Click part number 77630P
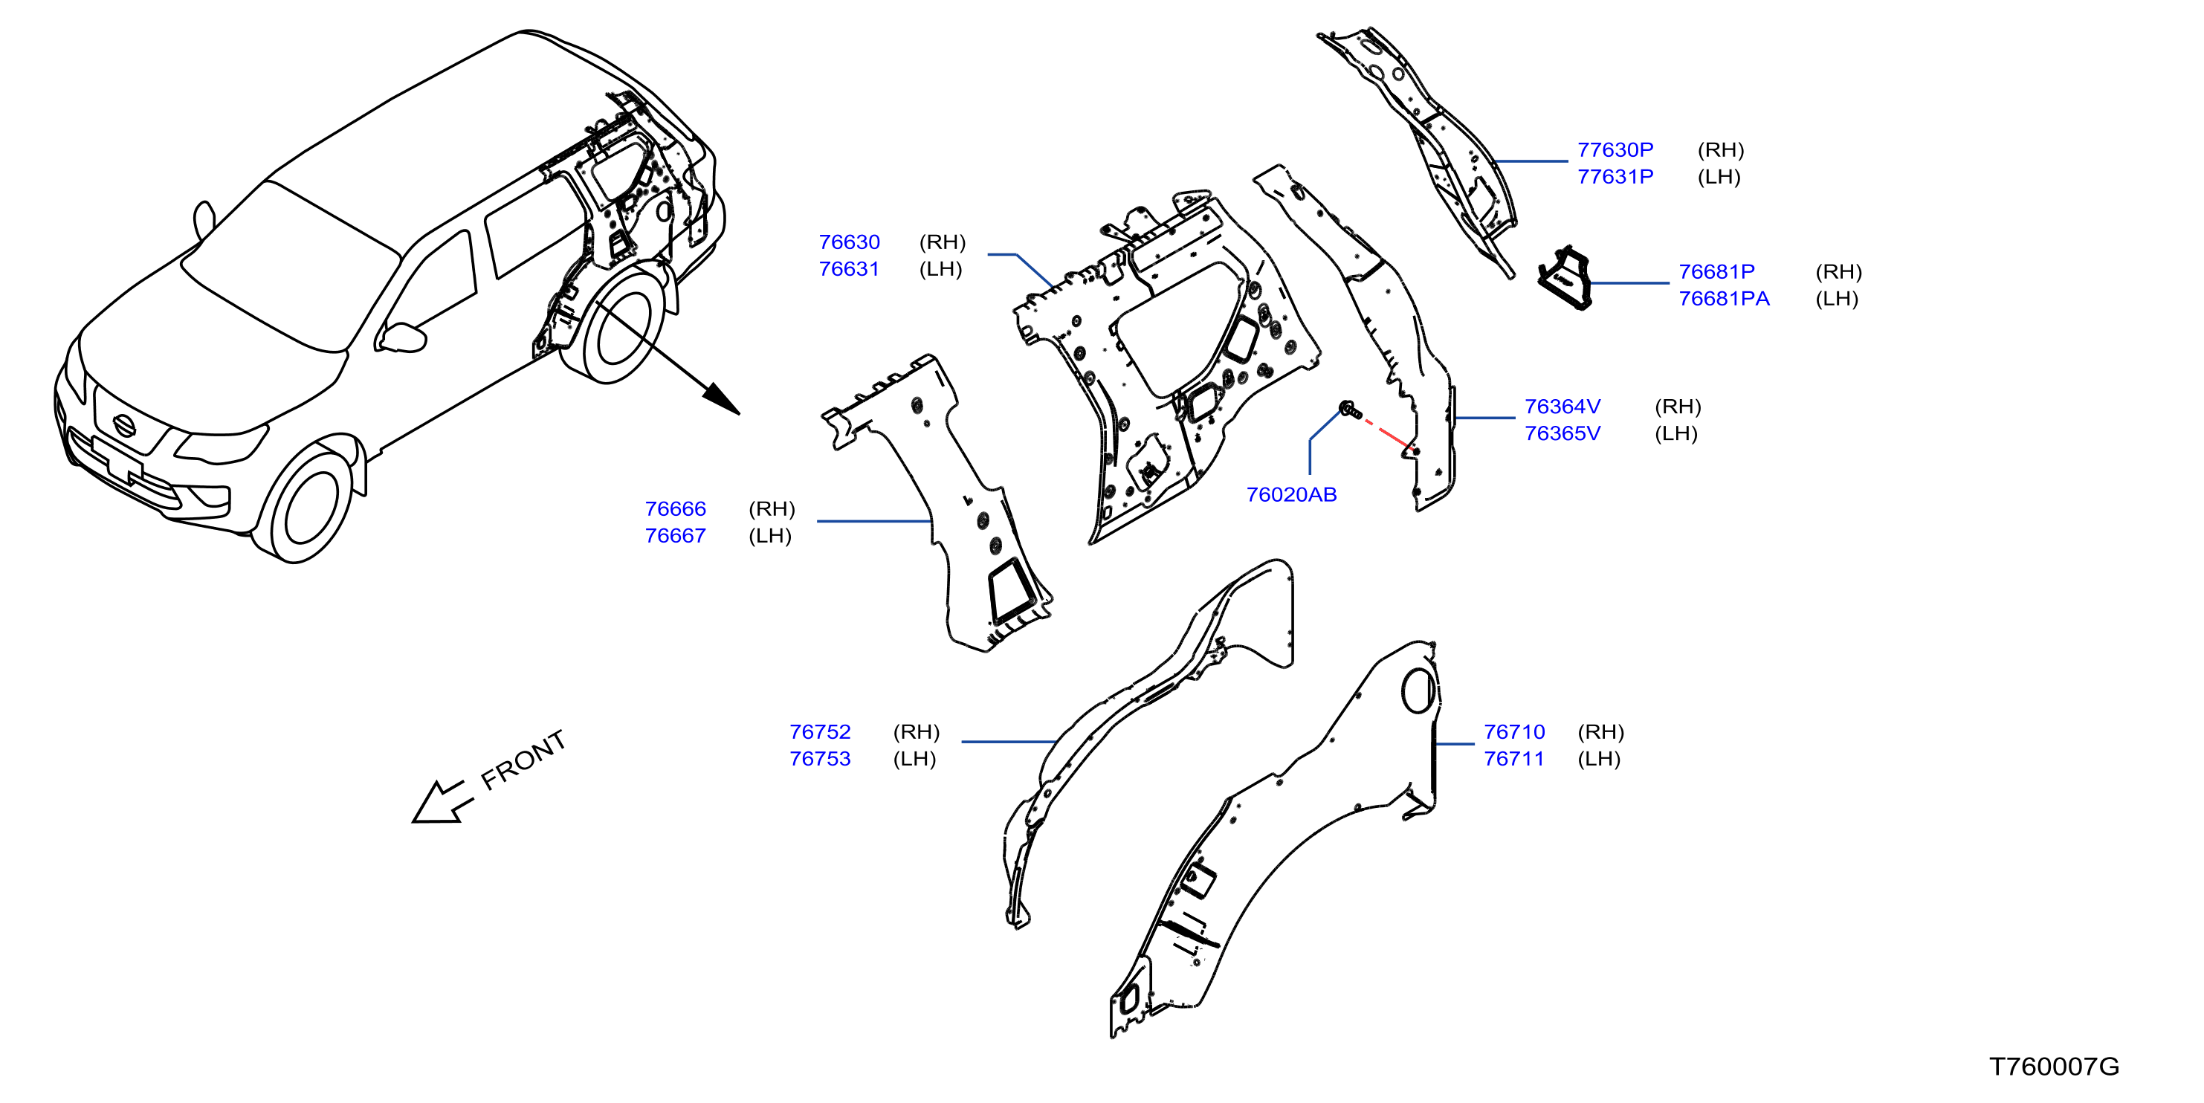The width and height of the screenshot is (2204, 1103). [x=1615, y=149]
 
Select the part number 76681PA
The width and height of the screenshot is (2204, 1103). [x=1723, y=299]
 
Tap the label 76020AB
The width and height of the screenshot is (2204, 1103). [x=1291, y=494]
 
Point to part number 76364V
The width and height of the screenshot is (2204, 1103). [x=1562, y=407]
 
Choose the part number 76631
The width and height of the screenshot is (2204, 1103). [x=849, y=269]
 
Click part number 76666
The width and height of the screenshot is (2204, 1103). [x=675, y=509]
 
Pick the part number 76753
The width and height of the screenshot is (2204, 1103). [x=820, y=759]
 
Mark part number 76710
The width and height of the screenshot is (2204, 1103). [x=1514, y=732]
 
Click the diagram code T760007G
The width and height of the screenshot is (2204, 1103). [x=2053, y=1066]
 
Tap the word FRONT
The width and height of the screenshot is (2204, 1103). [x=523, y=759]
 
